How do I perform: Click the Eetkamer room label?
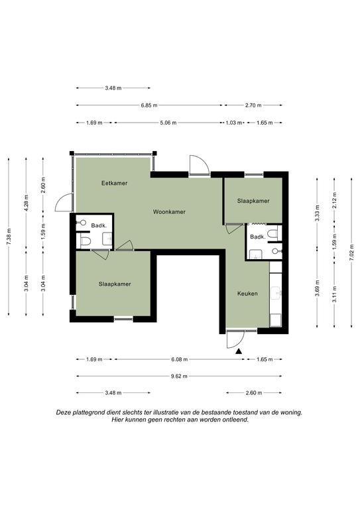pyautogui.click(x=114, y=183)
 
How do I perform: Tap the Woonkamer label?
pyautogui.click(x=169, y=212)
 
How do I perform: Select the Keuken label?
pyautogui.click(x=247, y=294)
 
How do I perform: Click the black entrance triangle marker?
pyautogui.click(x=239, y=351)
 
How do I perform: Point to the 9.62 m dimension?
pyautogui.click(x=179, y=376)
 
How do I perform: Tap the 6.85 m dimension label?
pyautogui.click(x=149, y=105)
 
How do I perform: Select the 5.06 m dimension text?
pyautogui.click(x=168, y=123)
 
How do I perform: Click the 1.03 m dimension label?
pyautogui.click(x=234, y=123)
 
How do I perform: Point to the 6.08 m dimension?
pyautogui.click(x=180, y=359)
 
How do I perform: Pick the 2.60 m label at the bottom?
pyautogui.click(x=253, y=393)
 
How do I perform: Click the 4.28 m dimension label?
pyautogui.click(x=27, y=203)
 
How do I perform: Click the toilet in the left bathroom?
pyautogui.click(x=85, y=241)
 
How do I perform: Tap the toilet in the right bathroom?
pyautogui.click(x=273, y=233)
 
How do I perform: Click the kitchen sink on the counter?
pyautogui.click(x=276, y=292)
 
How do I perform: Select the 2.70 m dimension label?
pyautogui.click(x=253, y=105)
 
